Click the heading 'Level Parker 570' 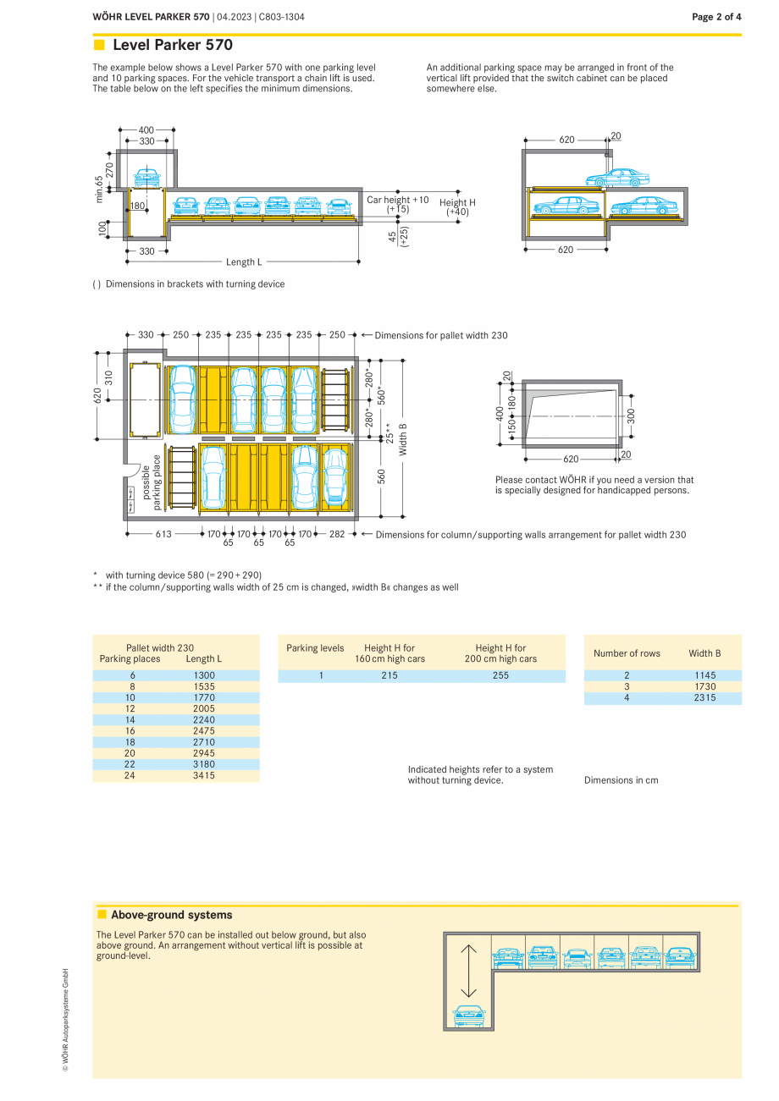[x=172, y=46]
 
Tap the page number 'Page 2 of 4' [x=716, y=17]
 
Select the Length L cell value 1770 [x=204, y=697]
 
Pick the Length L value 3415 [x=204, y=775]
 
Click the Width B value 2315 [x=704, y=698]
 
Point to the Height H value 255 [x=500, y=676]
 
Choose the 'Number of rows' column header [x=627, y=653]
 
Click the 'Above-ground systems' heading [x=171, y=915]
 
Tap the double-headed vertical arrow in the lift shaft [x=468, y=971]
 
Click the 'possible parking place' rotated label [x=151, y=482]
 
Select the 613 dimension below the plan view [x=163, y=534]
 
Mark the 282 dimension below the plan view [x=337, y=534]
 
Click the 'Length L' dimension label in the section [x=244, y=262]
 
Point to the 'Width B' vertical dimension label [x=403, y=439]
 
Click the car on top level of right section [x=617, y=178]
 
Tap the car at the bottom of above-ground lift [x=468, y=1014]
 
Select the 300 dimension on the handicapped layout [x=632, y=416]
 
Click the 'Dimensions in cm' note [x=621, y=780]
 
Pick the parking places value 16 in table [x=130, y=730]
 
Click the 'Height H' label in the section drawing [x=457, y=202]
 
